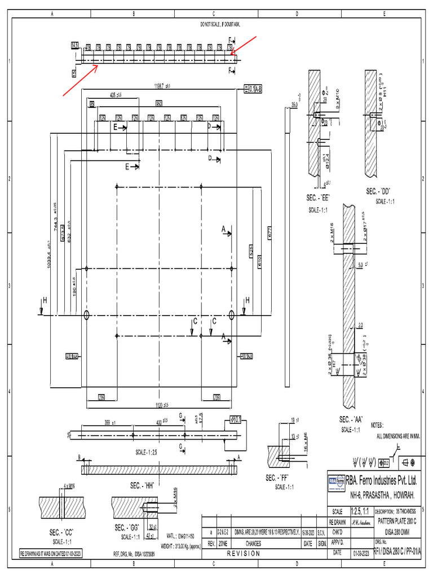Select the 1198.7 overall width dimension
pos(162,86)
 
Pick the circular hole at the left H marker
pos(86,315)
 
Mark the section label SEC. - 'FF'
pos(281,478)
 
